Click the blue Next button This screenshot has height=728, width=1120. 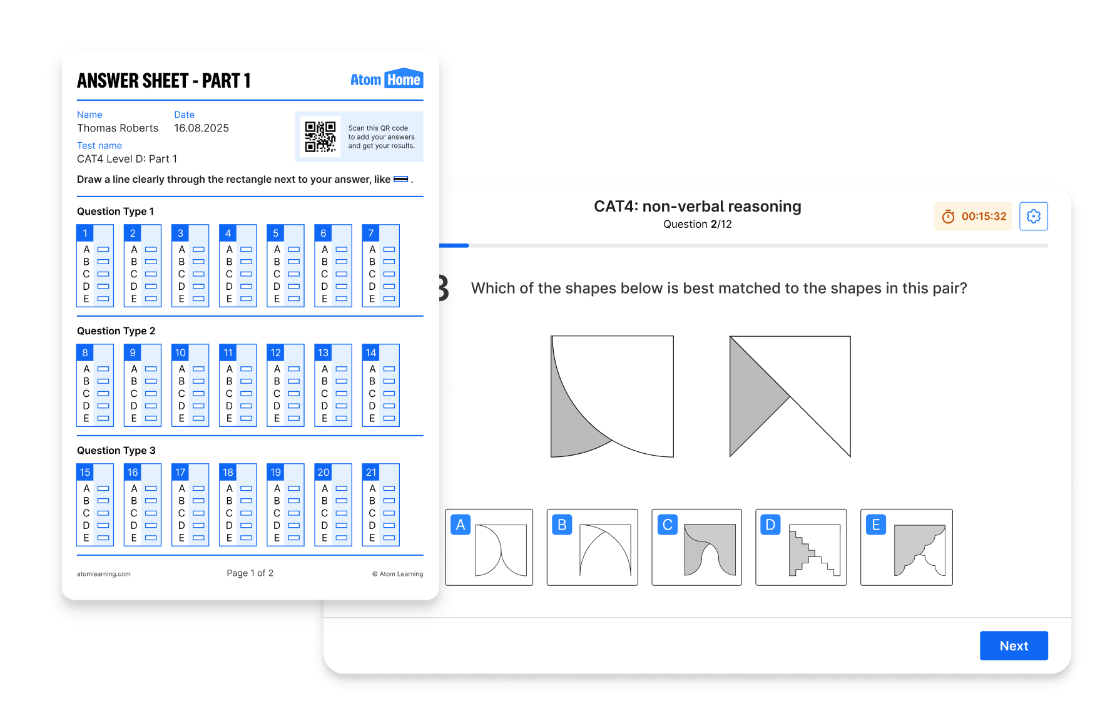tap(1014, 645)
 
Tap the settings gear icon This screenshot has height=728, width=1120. tap(1034, 216)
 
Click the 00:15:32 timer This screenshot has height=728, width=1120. tap(973, 216)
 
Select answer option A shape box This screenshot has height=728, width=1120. tap(489, 547)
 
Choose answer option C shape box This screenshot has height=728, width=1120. tap(696, 547)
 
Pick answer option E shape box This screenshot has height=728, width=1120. tap(906, 547)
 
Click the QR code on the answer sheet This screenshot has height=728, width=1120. tap(320, 137)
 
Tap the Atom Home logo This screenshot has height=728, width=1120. tap(387, 79)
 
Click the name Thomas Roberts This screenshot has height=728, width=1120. tap(118, 128)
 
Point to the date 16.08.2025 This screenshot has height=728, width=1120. tap(201, 128)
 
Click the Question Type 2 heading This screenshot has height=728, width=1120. tap(116, 331)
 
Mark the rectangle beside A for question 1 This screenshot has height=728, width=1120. tap(103, 249)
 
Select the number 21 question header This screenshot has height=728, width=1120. tap(371, 472)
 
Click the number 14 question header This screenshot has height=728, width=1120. tap(371, 352)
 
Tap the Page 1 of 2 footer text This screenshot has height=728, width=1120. tap(250, 573)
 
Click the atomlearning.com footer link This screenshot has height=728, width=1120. tap(104, 574)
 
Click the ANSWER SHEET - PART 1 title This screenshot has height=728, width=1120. tap(164, 81)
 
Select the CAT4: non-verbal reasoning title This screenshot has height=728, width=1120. tap(698, 206)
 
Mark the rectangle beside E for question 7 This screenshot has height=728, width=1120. tap(389, 299)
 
